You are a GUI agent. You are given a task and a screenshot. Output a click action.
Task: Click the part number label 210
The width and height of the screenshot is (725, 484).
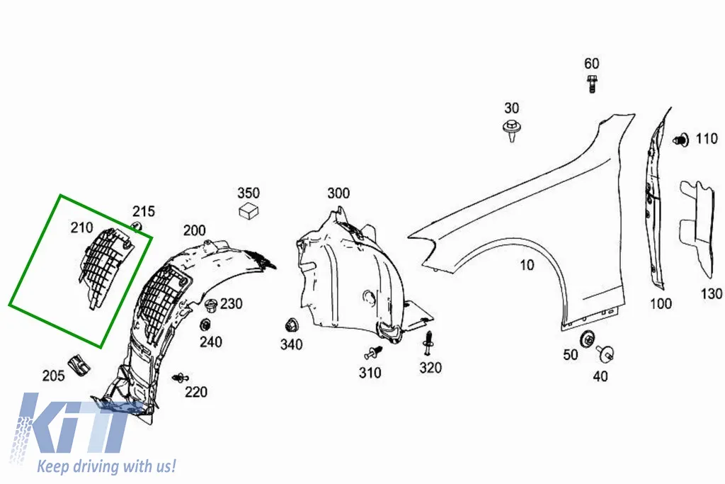[81, 227]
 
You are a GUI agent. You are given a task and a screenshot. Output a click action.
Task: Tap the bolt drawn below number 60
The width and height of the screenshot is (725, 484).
[591, 84]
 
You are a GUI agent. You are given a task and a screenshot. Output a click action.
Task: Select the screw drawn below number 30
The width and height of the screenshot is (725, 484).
[511, 130]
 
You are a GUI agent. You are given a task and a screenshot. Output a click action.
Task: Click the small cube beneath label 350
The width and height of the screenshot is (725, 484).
[249, 210]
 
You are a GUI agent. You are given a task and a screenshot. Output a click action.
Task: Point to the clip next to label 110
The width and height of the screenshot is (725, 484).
[680, 140]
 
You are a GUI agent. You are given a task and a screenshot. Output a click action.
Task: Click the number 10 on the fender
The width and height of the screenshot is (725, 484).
[527, 265]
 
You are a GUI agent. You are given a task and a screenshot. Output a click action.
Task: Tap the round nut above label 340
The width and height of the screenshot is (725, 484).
[291, 325]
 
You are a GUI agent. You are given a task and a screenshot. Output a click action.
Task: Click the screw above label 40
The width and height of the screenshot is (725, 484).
[605, 354]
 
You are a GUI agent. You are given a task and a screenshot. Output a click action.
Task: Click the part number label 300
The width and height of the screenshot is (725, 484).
[338, 193]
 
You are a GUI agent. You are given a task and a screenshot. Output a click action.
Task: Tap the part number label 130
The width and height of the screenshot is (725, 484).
[711, 294]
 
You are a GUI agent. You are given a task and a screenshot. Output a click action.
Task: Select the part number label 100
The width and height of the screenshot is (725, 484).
[661, 304]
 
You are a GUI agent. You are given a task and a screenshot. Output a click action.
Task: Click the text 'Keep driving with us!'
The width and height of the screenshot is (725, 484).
[106, 466]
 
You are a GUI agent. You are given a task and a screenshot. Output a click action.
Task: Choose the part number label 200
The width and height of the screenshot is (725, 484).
[195, 230]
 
